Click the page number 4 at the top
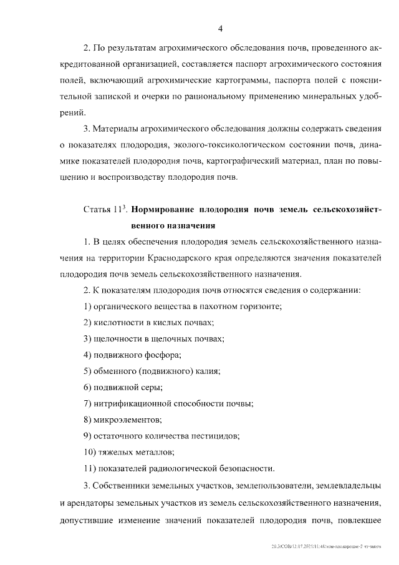click(221, 29)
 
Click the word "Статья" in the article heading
click(99, 210)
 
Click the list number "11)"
click(89, 468)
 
